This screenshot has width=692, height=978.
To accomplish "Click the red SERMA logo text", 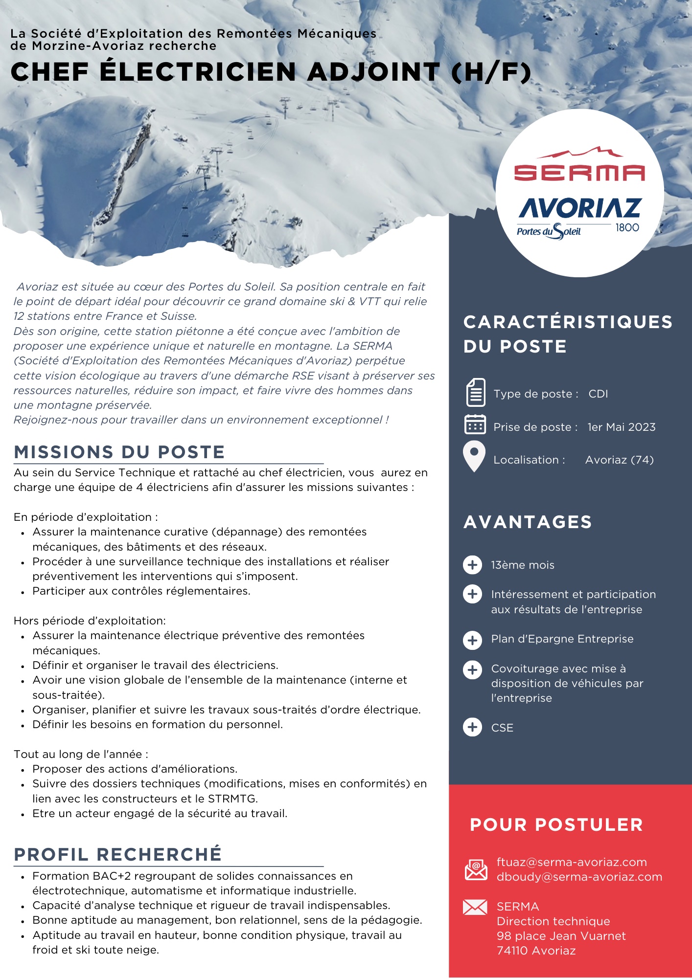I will [x=579, y=173].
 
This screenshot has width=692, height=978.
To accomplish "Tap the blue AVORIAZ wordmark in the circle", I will [x=580, y=208].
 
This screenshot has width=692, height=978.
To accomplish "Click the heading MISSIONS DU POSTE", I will [x=119, y=452].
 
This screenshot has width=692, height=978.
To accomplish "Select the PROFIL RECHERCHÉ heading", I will [x=118, y=854].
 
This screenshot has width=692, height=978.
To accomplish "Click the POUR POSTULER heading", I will [x=556, y=824].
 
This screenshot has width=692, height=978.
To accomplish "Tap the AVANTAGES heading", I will [x=528, y=522].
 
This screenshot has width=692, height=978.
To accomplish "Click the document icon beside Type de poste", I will [x=475, y=393].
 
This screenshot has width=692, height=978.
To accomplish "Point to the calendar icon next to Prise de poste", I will [x=475, y=424].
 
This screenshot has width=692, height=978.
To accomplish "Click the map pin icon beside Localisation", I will [x=474, y=456].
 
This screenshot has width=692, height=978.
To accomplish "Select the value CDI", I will [x=598, y=394].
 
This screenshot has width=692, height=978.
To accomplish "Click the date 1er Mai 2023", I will [x=621, y=427].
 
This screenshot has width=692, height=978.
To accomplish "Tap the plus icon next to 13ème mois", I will [x=472, y=565].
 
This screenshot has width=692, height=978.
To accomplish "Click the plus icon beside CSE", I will [x=472, y=727].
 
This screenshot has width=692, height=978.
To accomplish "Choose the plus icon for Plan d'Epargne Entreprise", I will [x=472, y=640].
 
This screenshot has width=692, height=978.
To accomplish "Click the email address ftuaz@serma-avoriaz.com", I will [x=572, y=862].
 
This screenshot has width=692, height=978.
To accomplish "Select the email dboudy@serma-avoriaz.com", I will [x=579, y=877].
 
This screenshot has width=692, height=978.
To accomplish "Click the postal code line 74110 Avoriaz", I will [x=536, y=951].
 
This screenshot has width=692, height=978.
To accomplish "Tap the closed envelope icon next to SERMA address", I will [x=475, y=908].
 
